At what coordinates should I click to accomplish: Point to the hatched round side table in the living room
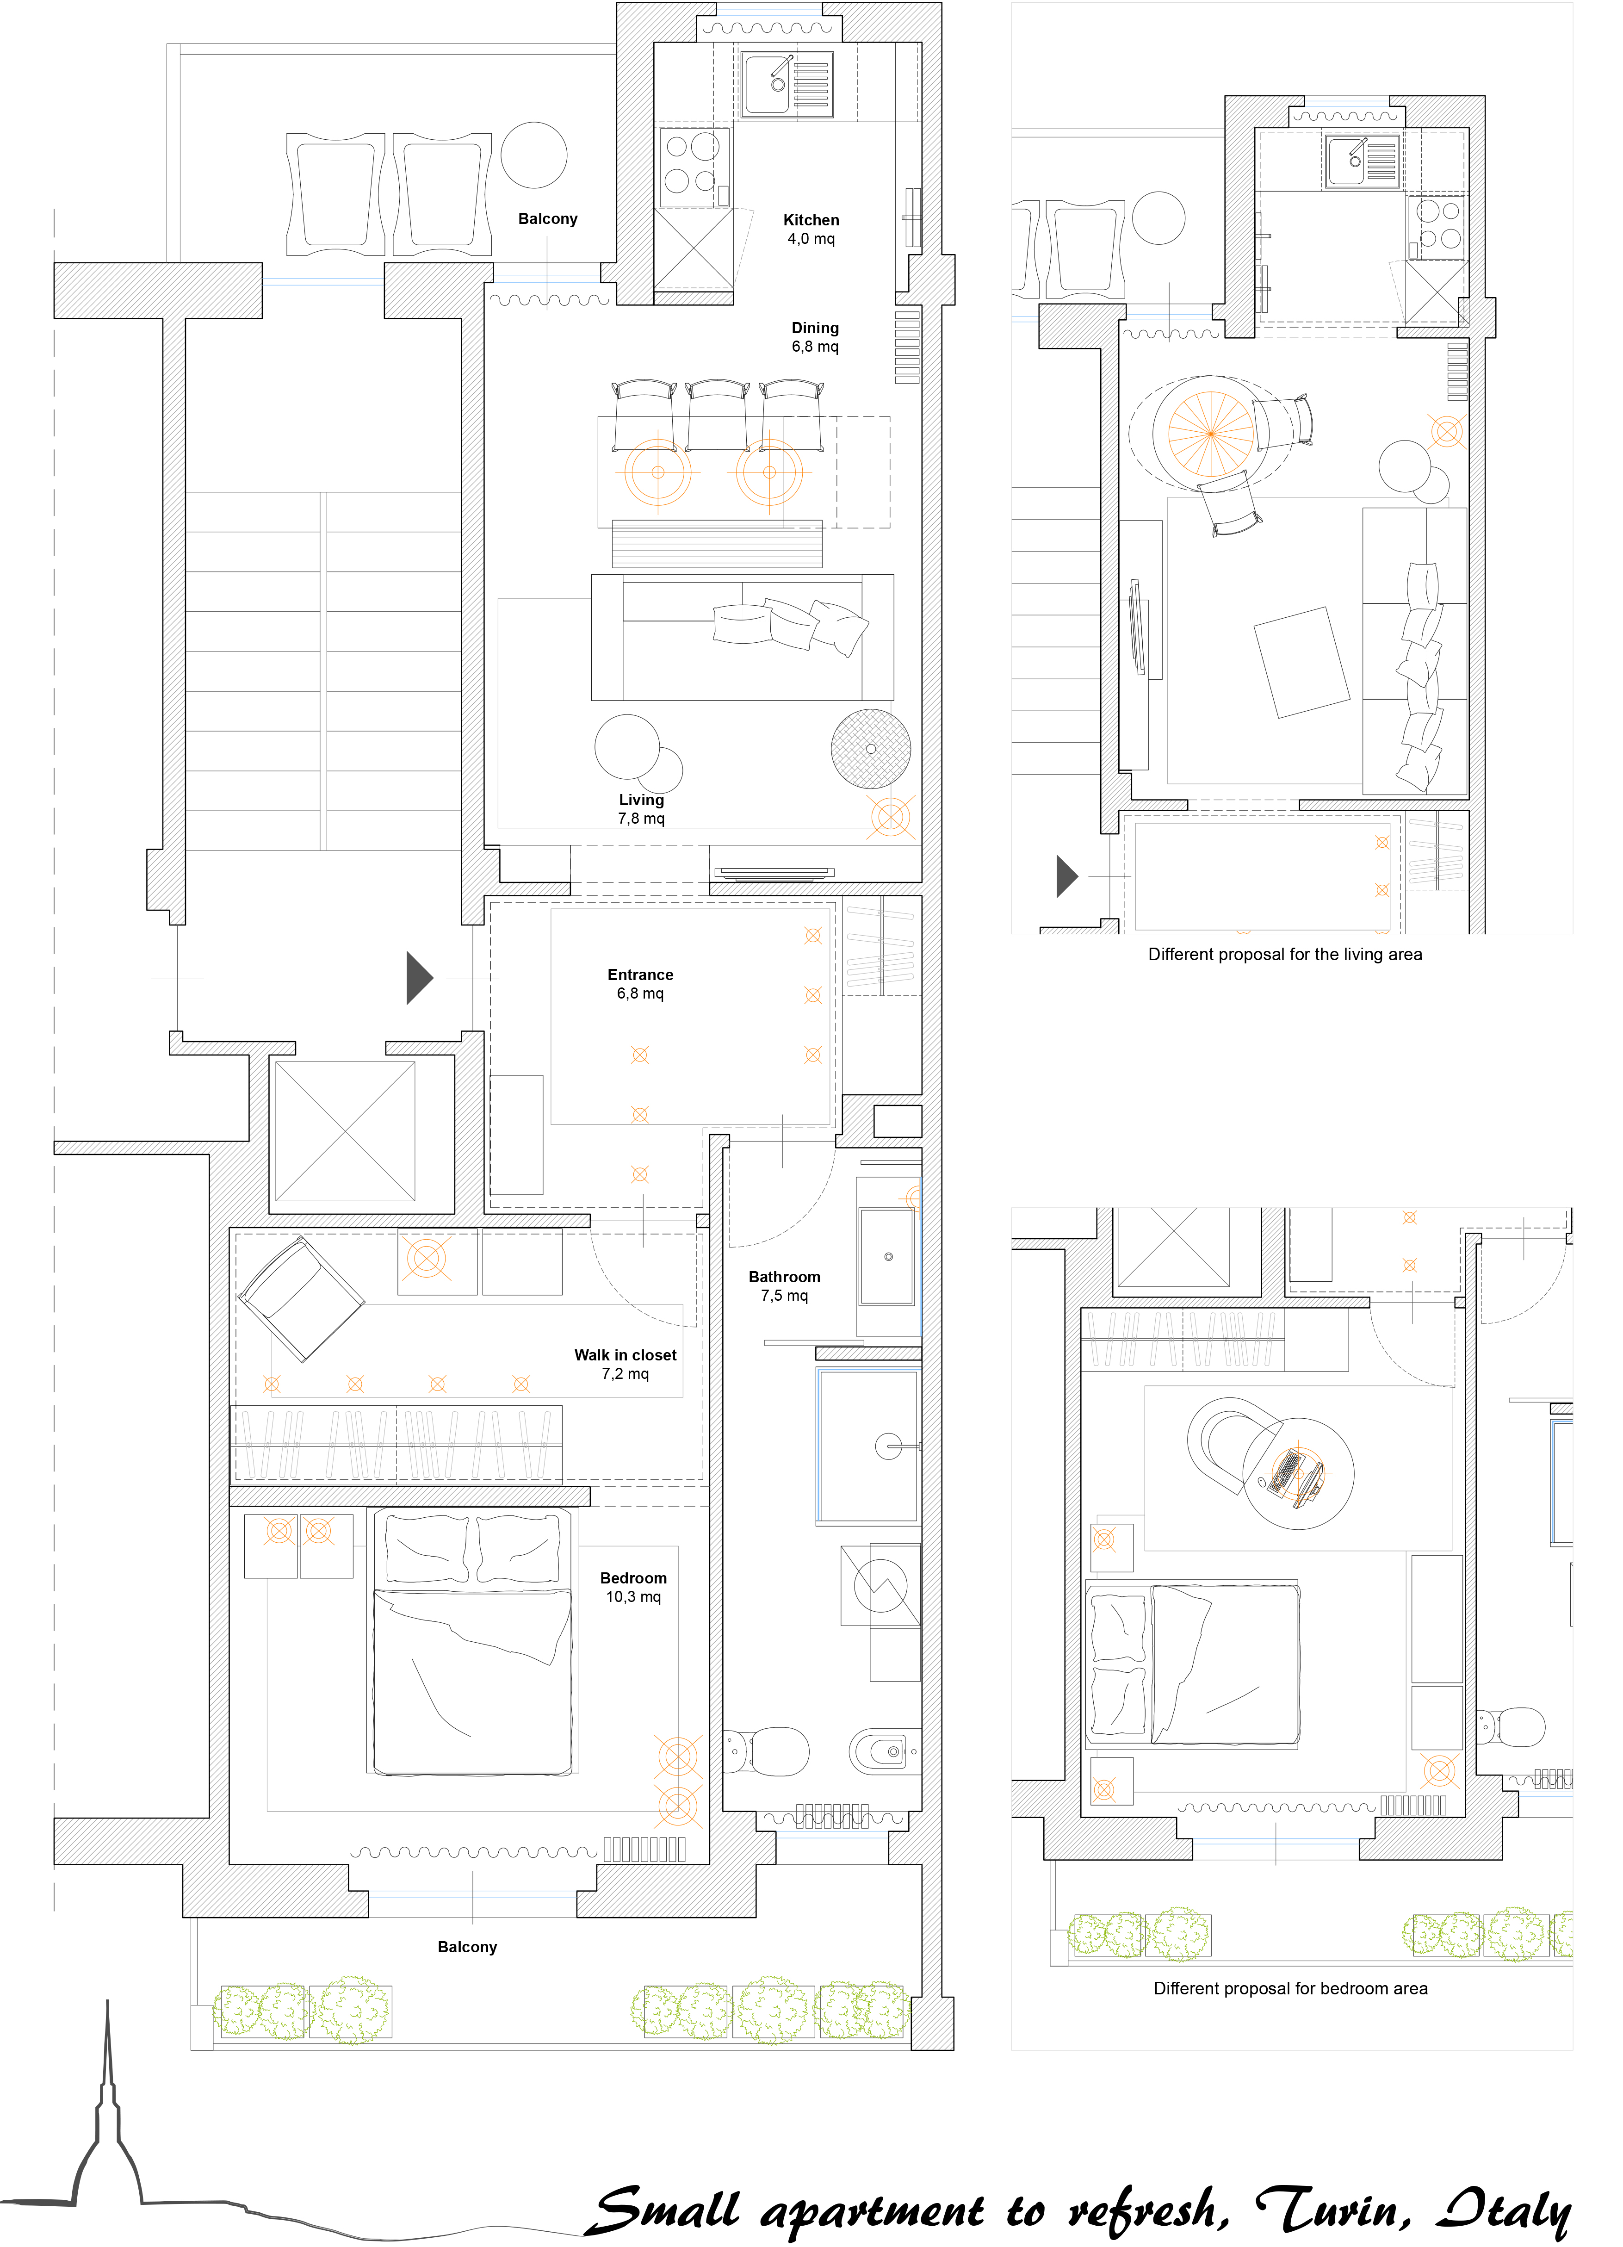(x=871, y=749)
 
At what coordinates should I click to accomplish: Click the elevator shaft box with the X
(x=345, y=1131)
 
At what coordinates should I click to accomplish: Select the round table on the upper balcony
(x=534, y=155)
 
